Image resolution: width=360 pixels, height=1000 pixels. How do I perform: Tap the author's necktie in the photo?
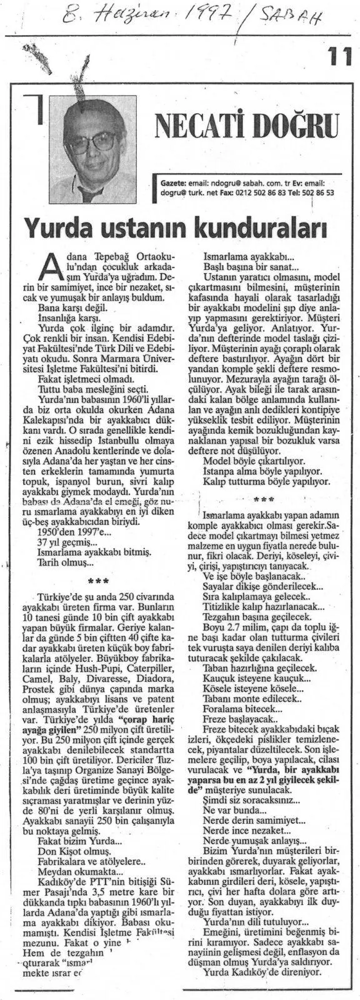coord(87,190)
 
